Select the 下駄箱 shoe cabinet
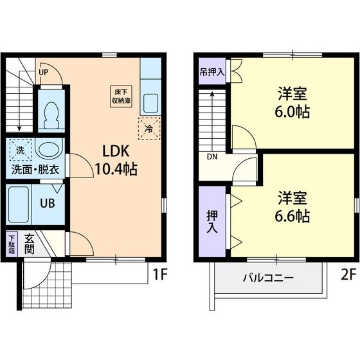tap(12, 244)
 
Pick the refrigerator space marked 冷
tap(148, 129)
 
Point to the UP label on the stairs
tap(43, 72)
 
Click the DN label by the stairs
tap(212, 156)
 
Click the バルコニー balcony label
tap(267, 278)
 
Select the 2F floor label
tap(347, 275)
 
